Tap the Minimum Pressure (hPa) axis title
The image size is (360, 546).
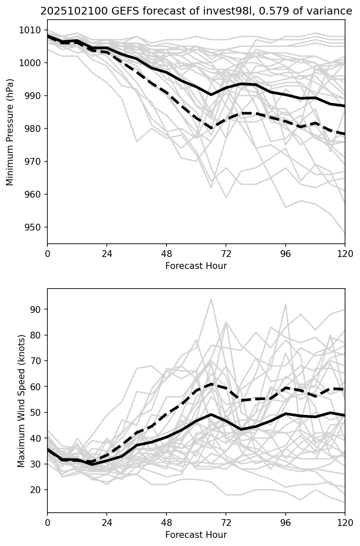pyautogui.click(x=10, y=132)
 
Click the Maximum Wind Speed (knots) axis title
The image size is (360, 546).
pyautogui.click(x=21, y=400)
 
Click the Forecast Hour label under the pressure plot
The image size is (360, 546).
pyautogui.click(x=196, y=266)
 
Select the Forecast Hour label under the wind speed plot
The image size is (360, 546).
pyautogui.click(x=196, y=535)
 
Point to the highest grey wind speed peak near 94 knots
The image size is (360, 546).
pyautogui.click(x=211, y=299)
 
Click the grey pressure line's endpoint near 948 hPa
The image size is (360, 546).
pyautogui.click(x=345, y=233)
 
